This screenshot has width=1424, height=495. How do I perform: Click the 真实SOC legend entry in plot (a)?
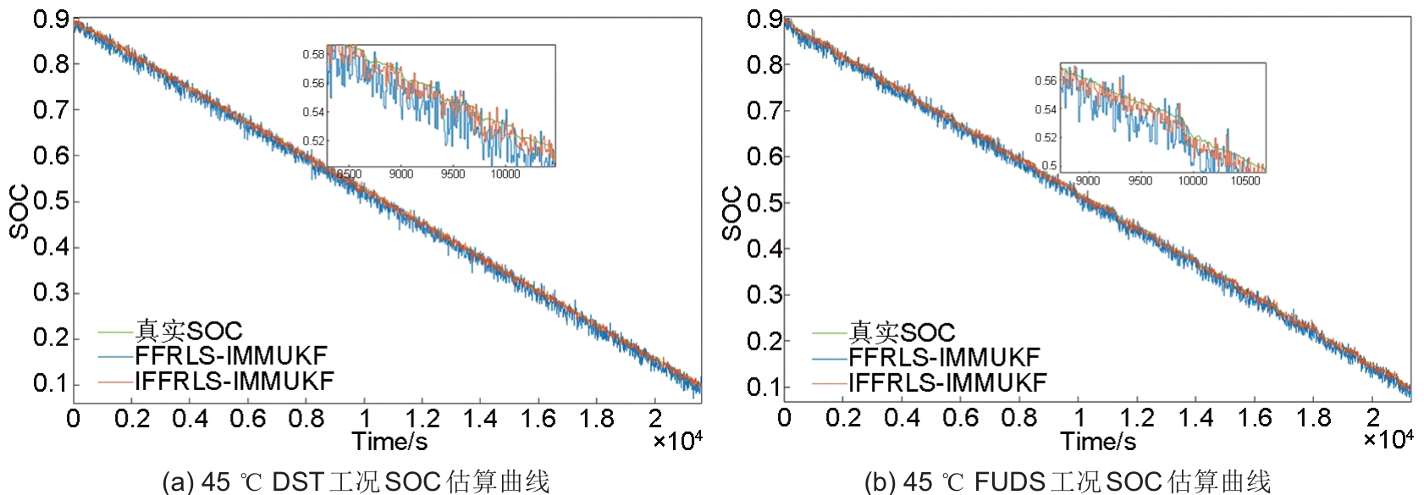point(188,331)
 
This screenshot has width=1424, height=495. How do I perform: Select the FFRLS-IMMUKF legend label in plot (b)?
point(943,357)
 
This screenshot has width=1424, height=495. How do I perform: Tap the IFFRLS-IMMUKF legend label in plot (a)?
point(234,381)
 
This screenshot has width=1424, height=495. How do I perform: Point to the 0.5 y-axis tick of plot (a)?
point(50,201)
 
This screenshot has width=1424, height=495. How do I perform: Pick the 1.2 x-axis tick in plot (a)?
point(422,418)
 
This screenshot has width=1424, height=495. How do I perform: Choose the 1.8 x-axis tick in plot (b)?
point(1313,418)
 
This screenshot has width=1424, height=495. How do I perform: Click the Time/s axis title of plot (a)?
point(389,442)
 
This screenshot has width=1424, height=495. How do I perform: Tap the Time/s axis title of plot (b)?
point(1098,442)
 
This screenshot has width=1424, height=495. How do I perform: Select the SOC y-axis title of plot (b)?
point(731,213)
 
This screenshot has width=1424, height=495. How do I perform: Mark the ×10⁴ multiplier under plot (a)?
point(677,441)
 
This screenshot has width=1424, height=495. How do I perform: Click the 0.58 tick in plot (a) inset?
point(313,54)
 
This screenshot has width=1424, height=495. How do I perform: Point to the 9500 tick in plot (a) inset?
point(453,174)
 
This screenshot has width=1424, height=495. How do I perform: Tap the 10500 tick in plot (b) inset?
point(1245,180)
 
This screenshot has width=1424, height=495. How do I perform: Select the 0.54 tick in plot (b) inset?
point(1046,109)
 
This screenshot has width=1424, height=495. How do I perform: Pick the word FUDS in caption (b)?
point(1009,482)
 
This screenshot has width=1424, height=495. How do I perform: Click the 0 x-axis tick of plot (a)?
point(74,418)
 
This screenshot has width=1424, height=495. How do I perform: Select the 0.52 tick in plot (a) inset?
point(313,140)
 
